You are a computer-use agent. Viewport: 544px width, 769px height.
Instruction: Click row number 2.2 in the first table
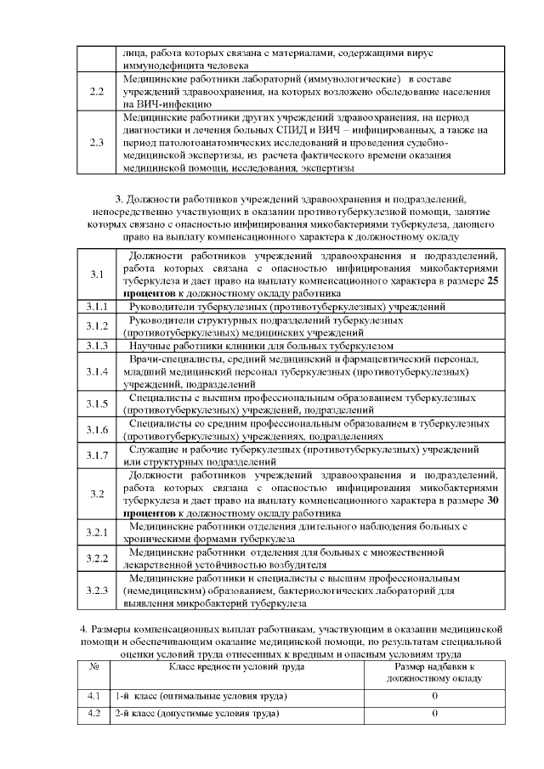(97, 90)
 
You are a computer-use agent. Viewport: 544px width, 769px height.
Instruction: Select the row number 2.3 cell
(97, 142)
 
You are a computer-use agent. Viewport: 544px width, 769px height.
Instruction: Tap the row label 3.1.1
(97, 306)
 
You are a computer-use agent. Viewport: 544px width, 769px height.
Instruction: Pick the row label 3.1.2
(97, 326)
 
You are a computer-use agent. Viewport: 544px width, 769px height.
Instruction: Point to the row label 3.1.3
(97, 346)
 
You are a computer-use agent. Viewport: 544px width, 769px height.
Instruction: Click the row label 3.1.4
(97, 372)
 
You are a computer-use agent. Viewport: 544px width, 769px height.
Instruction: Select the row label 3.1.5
(97, 404)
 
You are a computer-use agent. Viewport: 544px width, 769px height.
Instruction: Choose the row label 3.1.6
(97, 429)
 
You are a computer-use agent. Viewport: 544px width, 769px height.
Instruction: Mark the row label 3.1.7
(97, 455)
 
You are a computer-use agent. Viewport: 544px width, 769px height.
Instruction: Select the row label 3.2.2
(97, 557)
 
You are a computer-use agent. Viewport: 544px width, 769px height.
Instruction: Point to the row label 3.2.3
(97, 591)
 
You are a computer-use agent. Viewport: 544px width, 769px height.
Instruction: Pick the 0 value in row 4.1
(434, 696)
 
